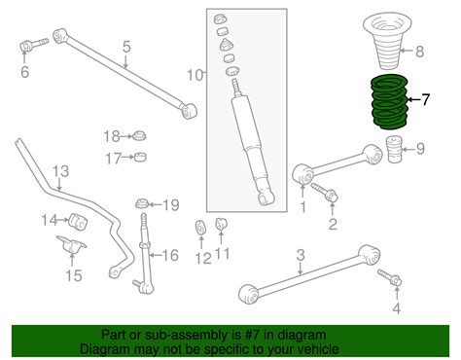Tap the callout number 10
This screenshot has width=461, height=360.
pos(195,74)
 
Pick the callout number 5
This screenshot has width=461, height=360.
pos(124,46)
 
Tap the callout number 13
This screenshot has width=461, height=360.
pos(60,172)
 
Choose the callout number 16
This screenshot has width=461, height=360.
pos(170,256)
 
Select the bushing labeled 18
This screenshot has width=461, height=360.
pos(139,134)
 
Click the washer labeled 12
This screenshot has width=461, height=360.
pos(199,230)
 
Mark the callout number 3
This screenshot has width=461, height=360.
pos(301,255)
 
